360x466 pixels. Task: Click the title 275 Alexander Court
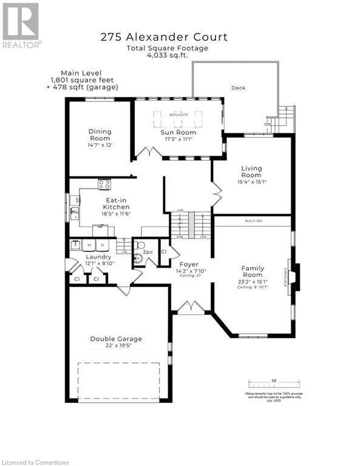click(x=165, y=37)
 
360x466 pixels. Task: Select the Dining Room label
click(x=100, y=135)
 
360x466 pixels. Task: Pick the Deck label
click(x=238, y=88)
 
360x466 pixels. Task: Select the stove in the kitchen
click(x=104, y=184)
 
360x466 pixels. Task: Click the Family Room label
click(x=252, y=271)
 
